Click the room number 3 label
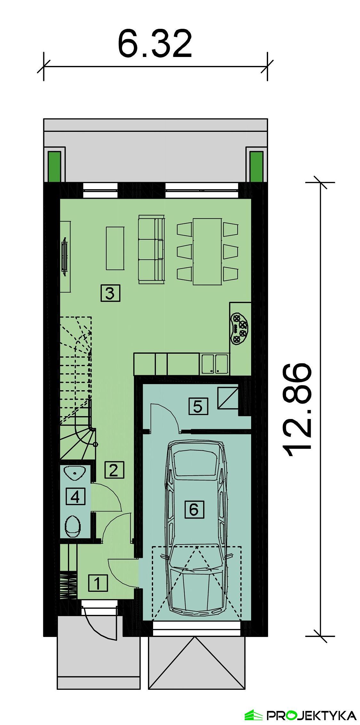(110, 293)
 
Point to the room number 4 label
(76, 496)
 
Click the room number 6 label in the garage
(194, 509)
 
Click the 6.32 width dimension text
(155, 44)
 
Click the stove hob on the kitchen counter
(239, 328)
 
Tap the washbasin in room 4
(75, 473)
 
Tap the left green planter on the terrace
(54, 166)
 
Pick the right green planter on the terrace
(256, 166)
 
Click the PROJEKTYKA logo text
(311, 715)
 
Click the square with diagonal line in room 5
(228, 398)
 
